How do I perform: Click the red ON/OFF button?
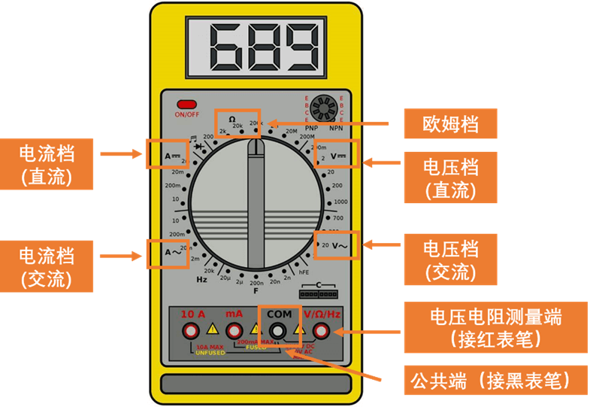186,105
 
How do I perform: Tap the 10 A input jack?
192,330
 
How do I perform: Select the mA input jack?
234,330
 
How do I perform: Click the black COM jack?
279,331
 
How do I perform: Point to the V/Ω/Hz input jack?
322,330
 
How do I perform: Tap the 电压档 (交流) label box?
450,259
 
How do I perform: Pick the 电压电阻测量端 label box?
495,327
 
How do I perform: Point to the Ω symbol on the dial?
232,119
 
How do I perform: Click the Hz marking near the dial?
201,280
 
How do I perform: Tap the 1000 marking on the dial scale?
340,202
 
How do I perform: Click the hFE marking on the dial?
304,273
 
